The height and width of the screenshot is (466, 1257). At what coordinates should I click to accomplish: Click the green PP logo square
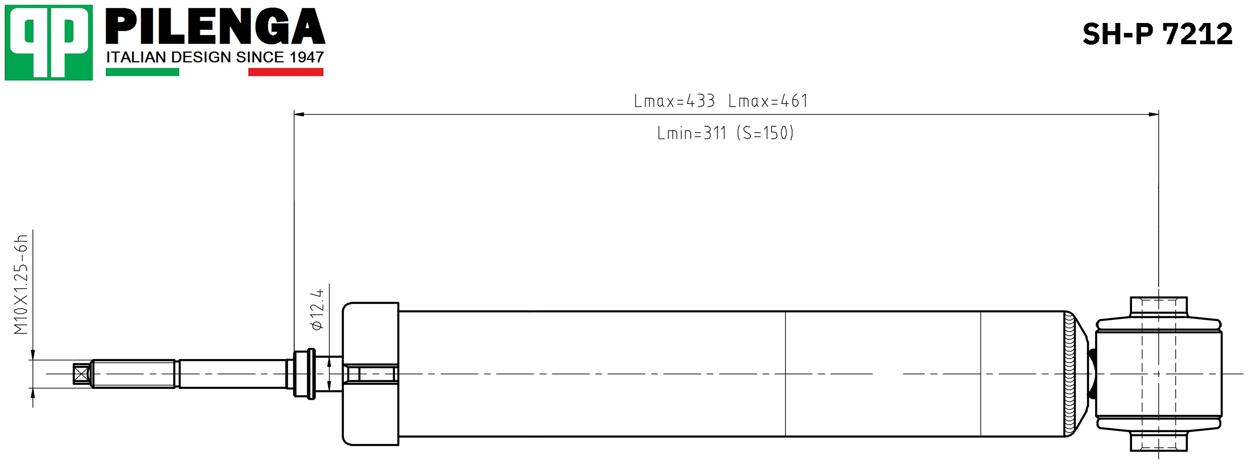tap(48, 42)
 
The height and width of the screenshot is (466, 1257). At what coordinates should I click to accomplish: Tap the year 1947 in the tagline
tap(306, 58)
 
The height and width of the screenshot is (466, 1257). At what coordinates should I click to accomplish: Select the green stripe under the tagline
tap(143, 72)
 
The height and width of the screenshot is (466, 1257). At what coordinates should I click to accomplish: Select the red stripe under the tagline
tap(286, 72)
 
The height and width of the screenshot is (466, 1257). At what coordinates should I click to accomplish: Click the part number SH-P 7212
tap(1157, 34)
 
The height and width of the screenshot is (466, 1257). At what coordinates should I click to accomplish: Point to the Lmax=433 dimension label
tap(675, 101)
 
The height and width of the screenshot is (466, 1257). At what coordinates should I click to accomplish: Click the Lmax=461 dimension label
tap(768, 101)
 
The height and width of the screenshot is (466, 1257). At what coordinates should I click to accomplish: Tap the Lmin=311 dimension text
tap(692, 133)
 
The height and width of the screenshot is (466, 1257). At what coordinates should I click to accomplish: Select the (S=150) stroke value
tap(765, 133)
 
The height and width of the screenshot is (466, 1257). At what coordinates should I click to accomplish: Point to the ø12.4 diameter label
tap(317, 309)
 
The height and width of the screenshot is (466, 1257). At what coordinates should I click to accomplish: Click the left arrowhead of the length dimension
tap(299, 114)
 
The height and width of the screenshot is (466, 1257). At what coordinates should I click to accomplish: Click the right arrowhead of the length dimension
tap(1154, 114)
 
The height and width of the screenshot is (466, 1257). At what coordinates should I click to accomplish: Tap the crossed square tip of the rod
tap(81, 374)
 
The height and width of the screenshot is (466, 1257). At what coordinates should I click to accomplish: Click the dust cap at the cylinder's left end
tap(370, 374)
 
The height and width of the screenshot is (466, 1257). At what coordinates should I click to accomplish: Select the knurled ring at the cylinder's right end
tap(1069, 374)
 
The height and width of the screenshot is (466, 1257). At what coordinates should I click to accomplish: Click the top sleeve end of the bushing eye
tap(1159, 306)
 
